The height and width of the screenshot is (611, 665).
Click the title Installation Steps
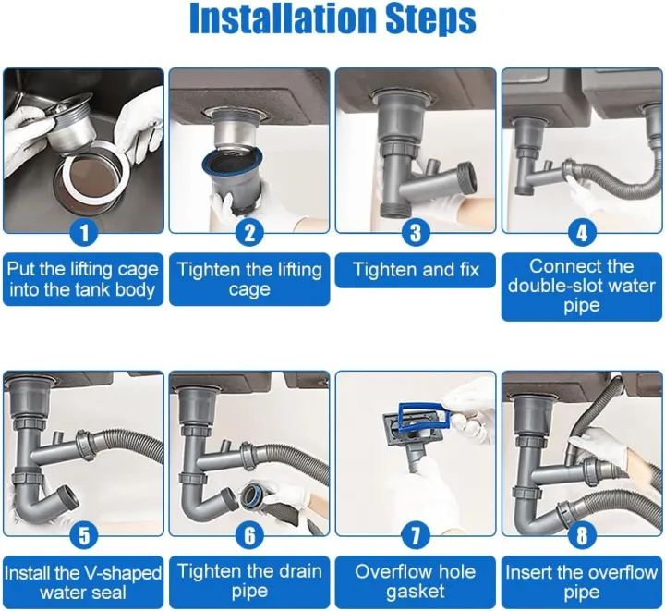click(332, 19)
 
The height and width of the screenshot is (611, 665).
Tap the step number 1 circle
click(83, 232)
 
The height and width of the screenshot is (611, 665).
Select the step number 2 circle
click(248, 232)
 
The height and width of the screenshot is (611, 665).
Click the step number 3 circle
click(416, 232)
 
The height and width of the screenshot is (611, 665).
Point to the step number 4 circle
click(581, 232)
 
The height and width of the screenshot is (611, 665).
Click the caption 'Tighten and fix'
click(416, 270)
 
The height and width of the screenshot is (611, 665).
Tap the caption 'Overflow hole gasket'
click(416, 581)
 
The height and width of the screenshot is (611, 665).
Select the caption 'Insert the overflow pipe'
click(581, 581)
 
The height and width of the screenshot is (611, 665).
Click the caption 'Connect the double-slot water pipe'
click(581, 286)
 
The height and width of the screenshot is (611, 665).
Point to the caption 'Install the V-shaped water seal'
click(83, 581)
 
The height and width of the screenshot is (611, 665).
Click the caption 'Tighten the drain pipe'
click(248, 581)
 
